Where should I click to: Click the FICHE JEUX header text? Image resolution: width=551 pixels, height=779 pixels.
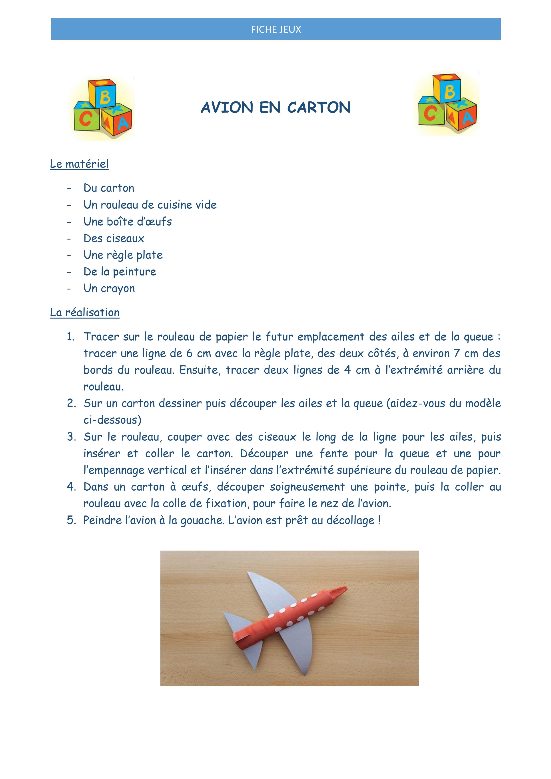tap(276, 30)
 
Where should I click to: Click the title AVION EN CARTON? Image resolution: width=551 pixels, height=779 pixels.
tap(276, 107)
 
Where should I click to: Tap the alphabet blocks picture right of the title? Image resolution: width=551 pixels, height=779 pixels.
tap(447, 103)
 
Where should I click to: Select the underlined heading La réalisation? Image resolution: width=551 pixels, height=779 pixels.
tap(84, 313)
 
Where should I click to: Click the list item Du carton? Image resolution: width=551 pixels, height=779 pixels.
tap(109, 188)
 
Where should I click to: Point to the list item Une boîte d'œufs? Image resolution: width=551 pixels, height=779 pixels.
tap(128, 222)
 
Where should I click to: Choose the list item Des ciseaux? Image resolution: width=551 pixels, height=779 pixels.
tap(114, 238)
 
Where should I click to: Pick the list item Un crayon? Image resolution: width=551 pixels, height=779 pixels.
tap(109, 288)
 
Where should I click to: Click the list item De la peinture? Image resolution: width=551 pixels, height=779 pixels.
tap(120, 272)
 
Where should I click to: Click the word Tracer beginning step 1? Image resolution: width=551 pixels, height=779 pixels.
tap(100, 337)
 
